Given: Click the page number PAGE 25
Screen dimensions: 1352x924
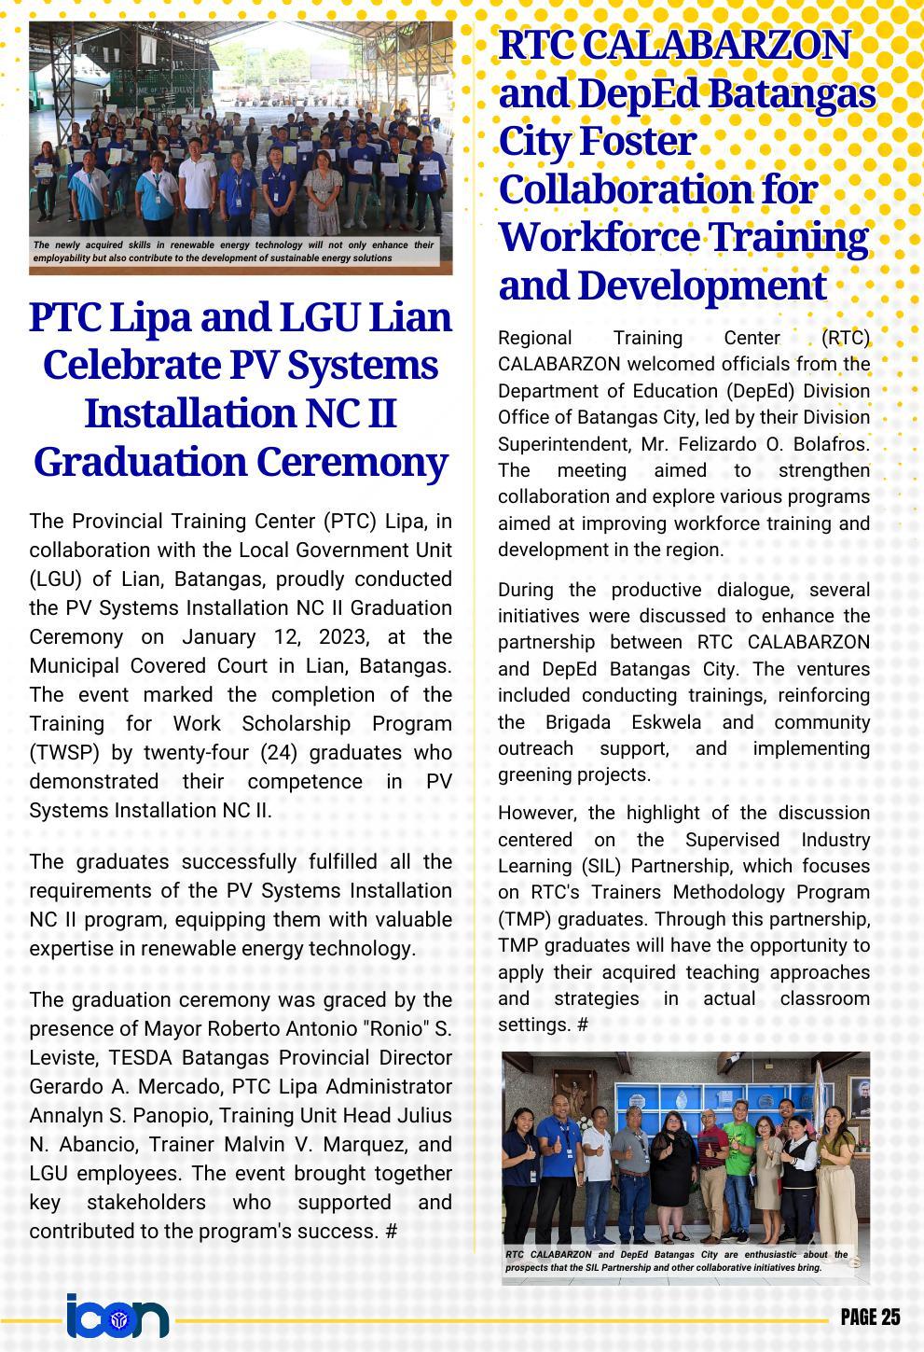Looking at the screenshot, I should [869, 1317].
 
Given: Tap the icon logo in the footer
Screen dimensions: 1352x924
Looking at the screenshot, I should [117, 1317].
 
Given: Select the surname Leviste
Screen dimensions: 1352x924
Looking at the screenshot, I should [66, 1058].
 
